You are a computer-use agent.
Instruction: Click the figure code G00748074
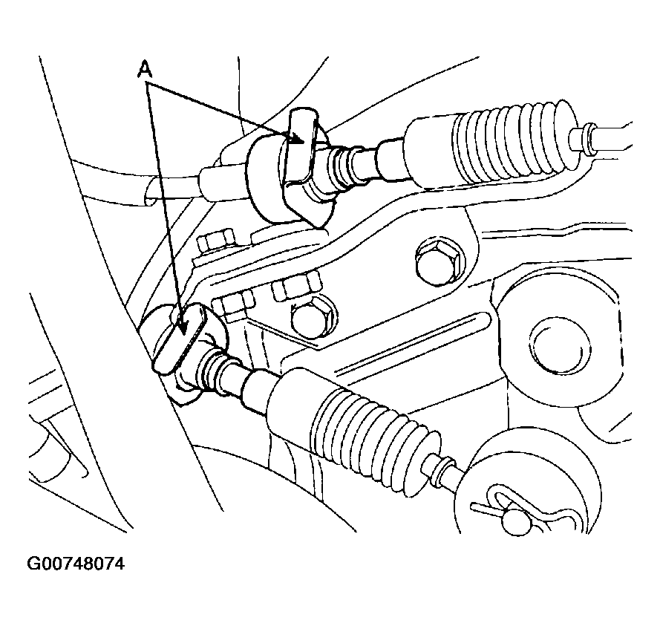coord(76,564)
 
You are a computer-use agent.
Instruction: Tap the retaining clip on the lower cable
coord(179,339)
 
